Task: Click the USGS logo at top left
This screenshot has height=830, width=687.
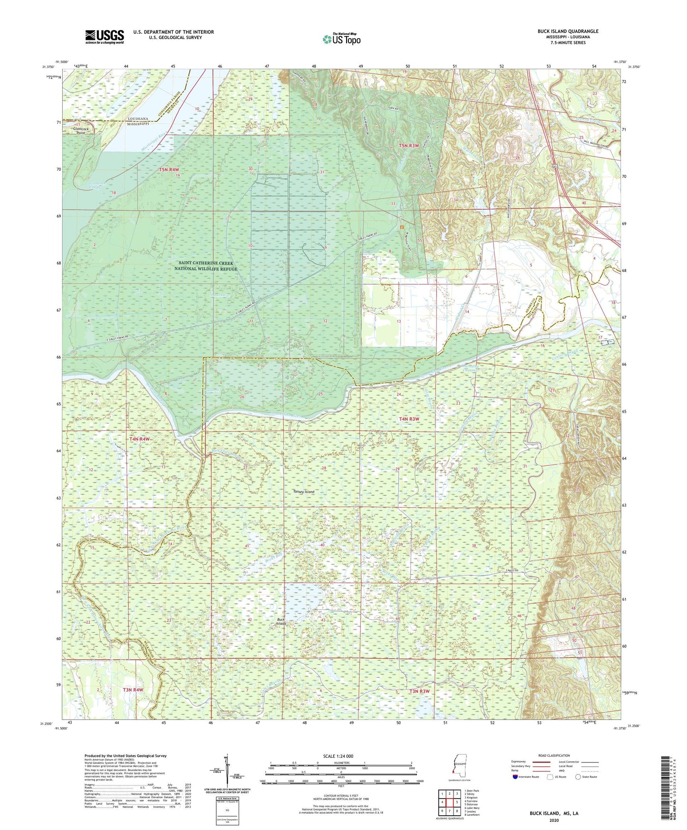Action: [105, 36]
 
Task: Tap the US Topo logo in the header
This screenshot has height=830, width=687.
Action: [341, 39]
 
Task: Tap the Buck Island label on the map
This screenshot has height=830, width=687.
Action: [281, 621]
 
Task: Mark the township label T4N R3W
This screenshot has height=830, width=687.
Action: [408, 419]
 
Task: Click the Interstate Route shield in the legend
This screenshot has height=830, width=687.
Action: [515, 777]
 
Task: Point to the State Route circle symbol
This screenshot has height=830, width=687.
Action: [578, 777]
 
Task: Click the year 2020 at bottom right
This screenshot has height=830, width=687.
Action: [554, 820]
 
